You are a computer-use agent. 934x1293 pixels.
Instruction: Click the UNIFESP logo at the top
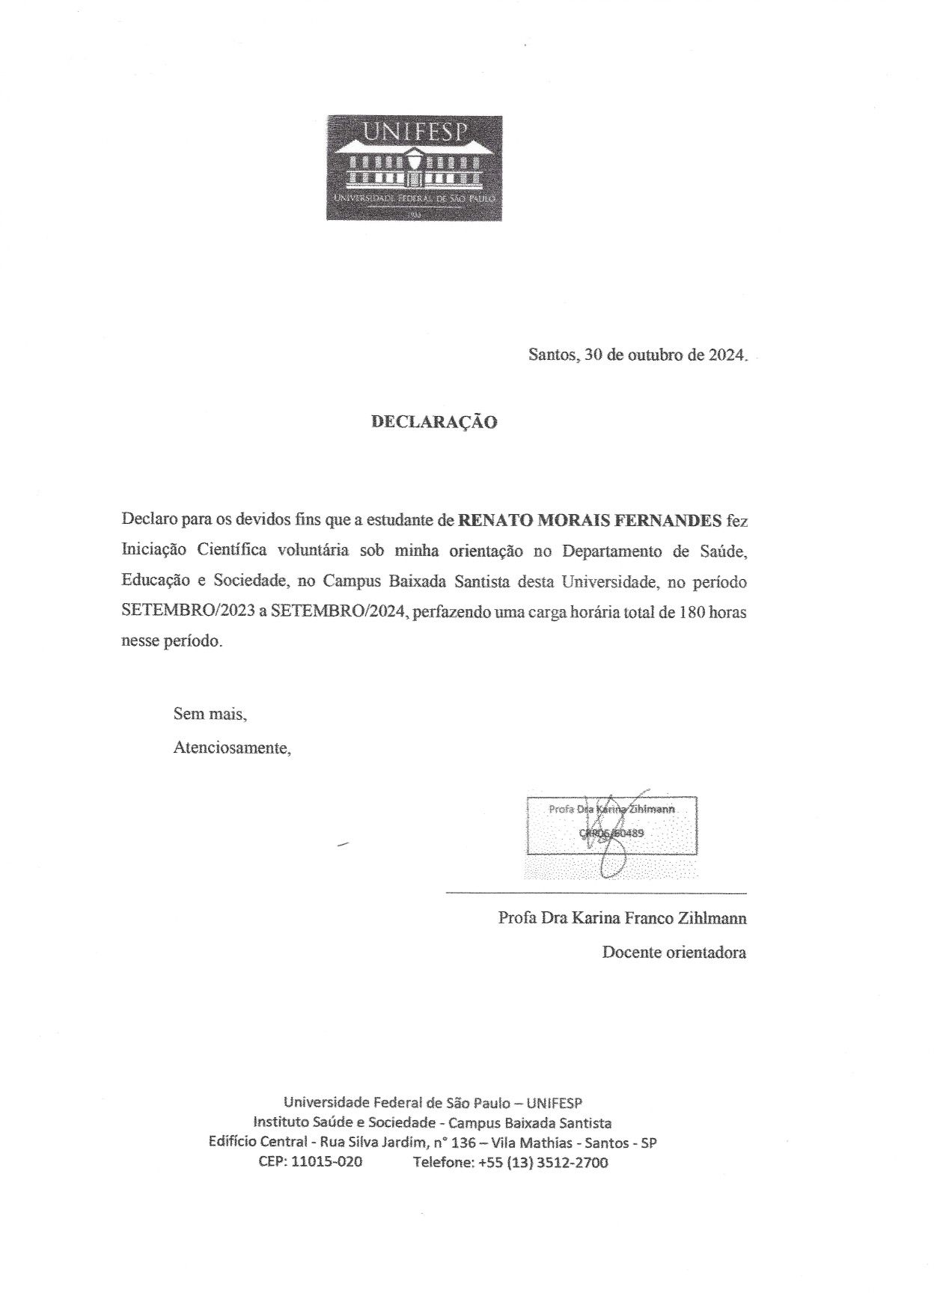tap(414, 168)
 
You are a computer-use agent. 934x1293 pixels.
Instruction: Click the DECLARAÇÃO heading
tap(434, 422)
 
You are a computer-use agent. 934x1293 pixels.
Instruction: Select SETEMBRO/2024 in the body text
tap(338, 611)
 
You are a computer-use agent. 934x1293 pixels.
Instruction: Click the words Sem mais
tap(210, 714)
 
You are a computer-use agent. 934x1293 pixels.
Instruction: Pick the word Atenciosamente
tap(232, 748)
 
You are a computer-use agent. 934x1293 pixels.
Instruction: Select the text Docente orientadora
tap(674, 953)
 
